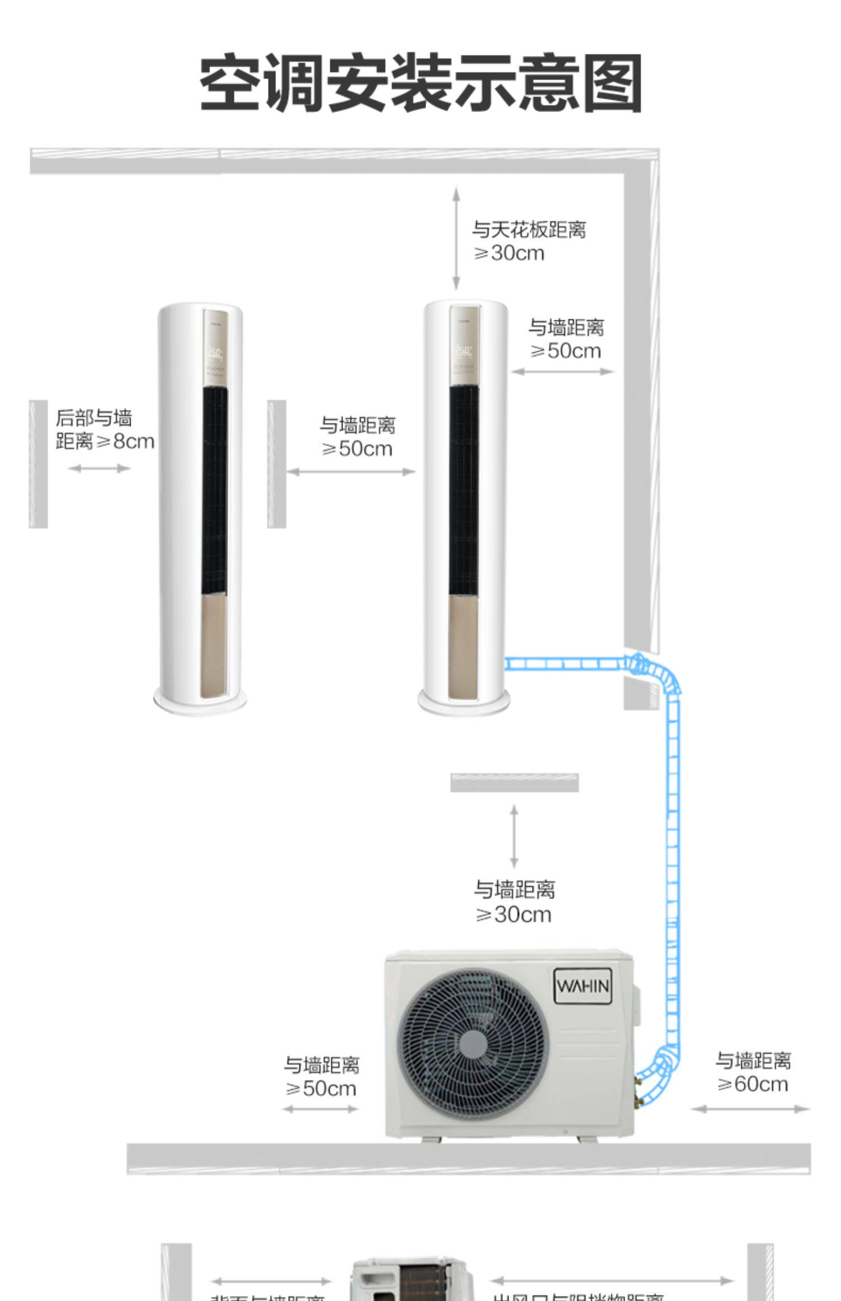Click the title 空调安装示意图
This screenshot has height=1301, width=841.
pos(420,83)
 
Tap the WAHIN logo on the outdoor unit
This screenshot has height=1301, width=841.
pos(583,986)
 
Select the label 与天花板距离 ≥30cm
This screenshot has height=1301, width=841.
pos(528,241)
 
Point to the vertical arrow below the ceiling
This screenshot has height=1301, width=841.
pos(456,238)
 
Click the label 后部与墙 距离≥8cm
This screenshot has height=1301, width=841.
pos(104,429)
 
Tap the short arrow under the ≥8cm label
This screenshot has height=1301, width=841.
pos(99,468)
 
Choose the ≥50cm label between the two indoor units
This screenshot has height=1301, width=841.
pos(357,436)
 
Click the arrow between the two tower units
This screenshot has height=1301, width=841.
pos(351,472)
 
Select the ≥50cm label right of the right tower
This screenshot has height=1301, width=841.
pos(566,339)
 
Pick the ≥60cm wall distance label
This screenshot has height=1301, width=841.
pos(752,1072)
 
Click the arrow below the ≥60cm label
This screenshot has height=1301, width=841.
pos(751,1108)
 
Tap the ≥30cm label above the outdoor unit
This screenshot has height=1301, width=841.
pos(514,902)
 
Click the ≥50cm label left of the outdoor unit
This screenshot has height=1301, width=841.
pos(321,1077)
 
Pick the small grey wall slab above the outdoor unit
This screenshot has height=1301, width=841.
pos(514,782)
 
